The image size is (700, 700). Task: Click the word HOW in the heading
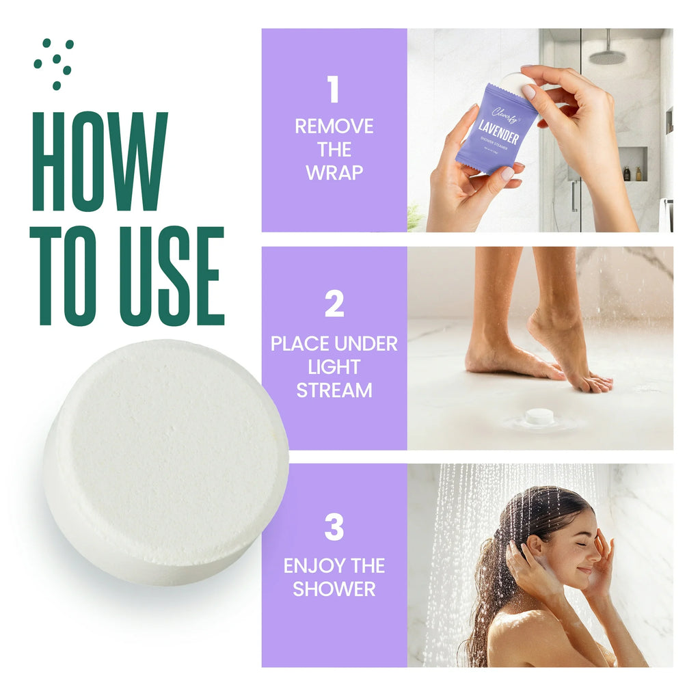pos(100,161)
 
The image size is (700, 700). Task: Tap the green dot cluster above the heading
pos(54,63)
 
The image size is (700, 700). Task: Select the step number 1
pos(334,90)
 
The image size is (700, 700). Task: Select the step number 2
pos(334,304)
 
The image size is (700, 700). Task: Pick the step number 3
pos(334,528)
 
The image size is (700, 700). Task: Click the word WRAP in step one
pos(334,173)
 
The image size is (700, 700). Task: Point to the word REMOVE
pos(334,126)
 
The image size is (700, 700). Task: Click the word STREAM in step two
pos(334,391)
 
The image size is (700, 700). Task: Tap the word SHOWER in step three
pos(334,589)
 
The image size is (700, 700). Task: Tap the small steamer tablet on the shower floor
pos(539,416)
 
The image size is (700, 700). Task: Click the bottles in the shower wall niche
pos(632,174)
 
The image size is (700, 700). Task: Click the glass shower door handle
pos(574,196)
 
